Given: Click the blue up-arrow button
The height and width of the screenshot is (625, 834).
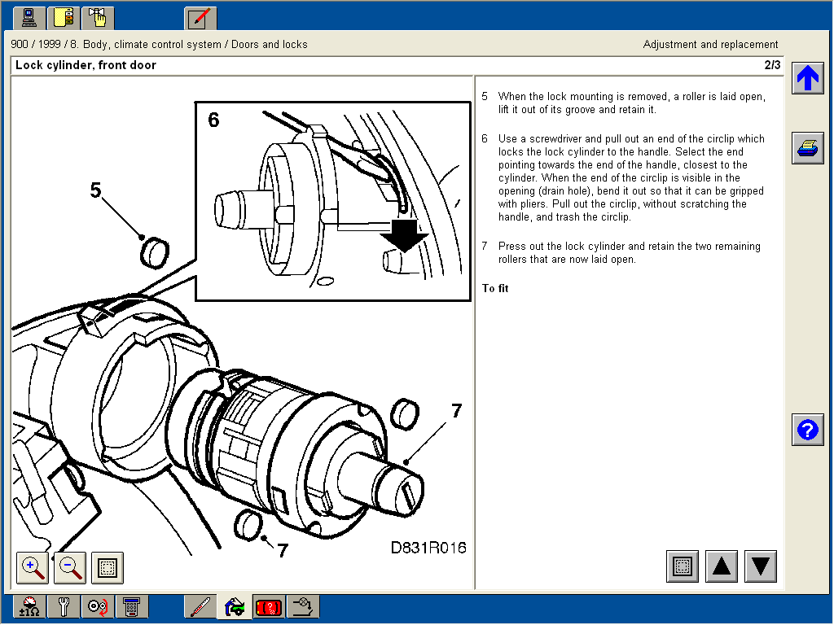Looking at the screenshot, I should point(807,78).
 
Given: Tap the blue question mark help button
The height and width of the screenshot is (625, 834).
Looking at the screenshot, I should point(807,430).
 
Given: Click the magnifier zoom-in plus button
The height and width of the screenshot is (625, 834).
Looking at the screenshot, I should point(33,567).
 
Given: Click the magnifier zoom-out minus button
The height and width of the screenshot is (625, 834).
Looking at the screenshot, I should point(70,567).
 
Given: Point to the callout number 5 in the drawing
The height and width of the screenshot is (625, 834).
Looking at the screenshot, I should point(96,190).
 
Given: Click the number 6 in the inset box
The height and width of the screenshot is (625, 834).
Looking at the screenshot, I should point(213,120).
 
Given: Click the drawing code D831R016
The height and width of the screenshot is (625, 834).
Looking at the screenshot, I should point(428,548).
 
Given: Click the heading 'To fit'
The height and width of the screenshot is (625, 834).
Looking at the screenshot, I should point(495,288).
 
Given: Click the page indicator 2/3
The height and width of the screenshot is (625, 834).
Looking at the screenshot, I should point(771,65).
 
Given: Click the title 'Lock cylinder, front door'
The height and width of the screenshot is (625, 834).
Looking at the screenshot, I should point(86,65).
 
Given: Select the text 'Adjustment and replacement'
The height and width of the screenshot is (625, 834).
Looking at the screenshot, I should point(710,45).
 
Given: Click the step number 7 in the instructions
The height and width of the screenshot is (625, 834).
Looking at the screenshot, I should point(485,246).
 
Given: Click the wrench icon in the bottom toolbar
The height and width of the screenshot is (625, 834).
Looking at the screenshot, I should point(63,607).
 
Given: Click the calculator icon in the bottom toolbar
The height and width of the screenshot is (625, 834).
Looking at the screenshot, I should point(130,607).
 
